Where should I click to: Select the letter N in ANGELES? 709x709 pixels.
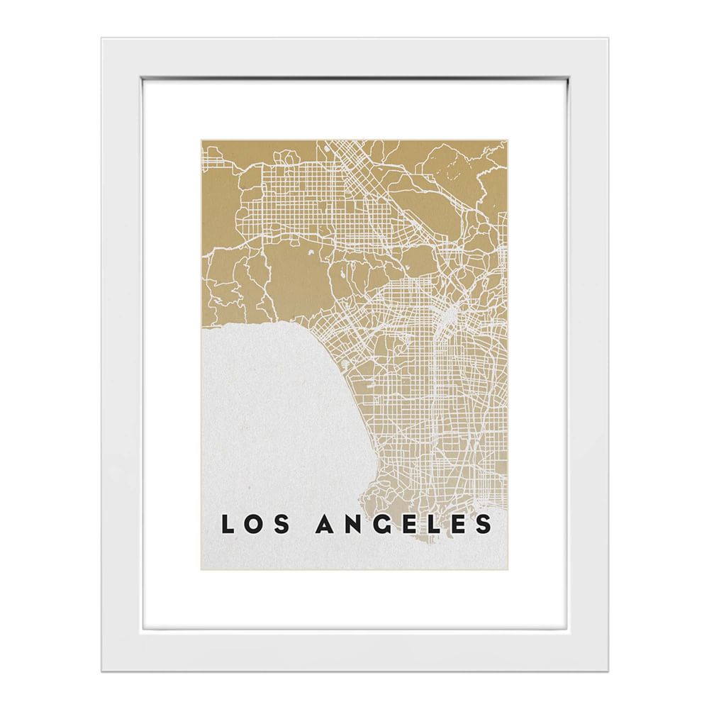click(352, 525)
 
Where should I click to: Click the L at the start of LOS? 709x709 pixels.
click(226, 525)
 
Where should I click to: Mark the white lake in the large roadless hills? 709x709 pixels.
click(310, 253)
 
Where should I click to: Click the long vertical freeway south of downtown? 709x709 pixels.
click(434, 397)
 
